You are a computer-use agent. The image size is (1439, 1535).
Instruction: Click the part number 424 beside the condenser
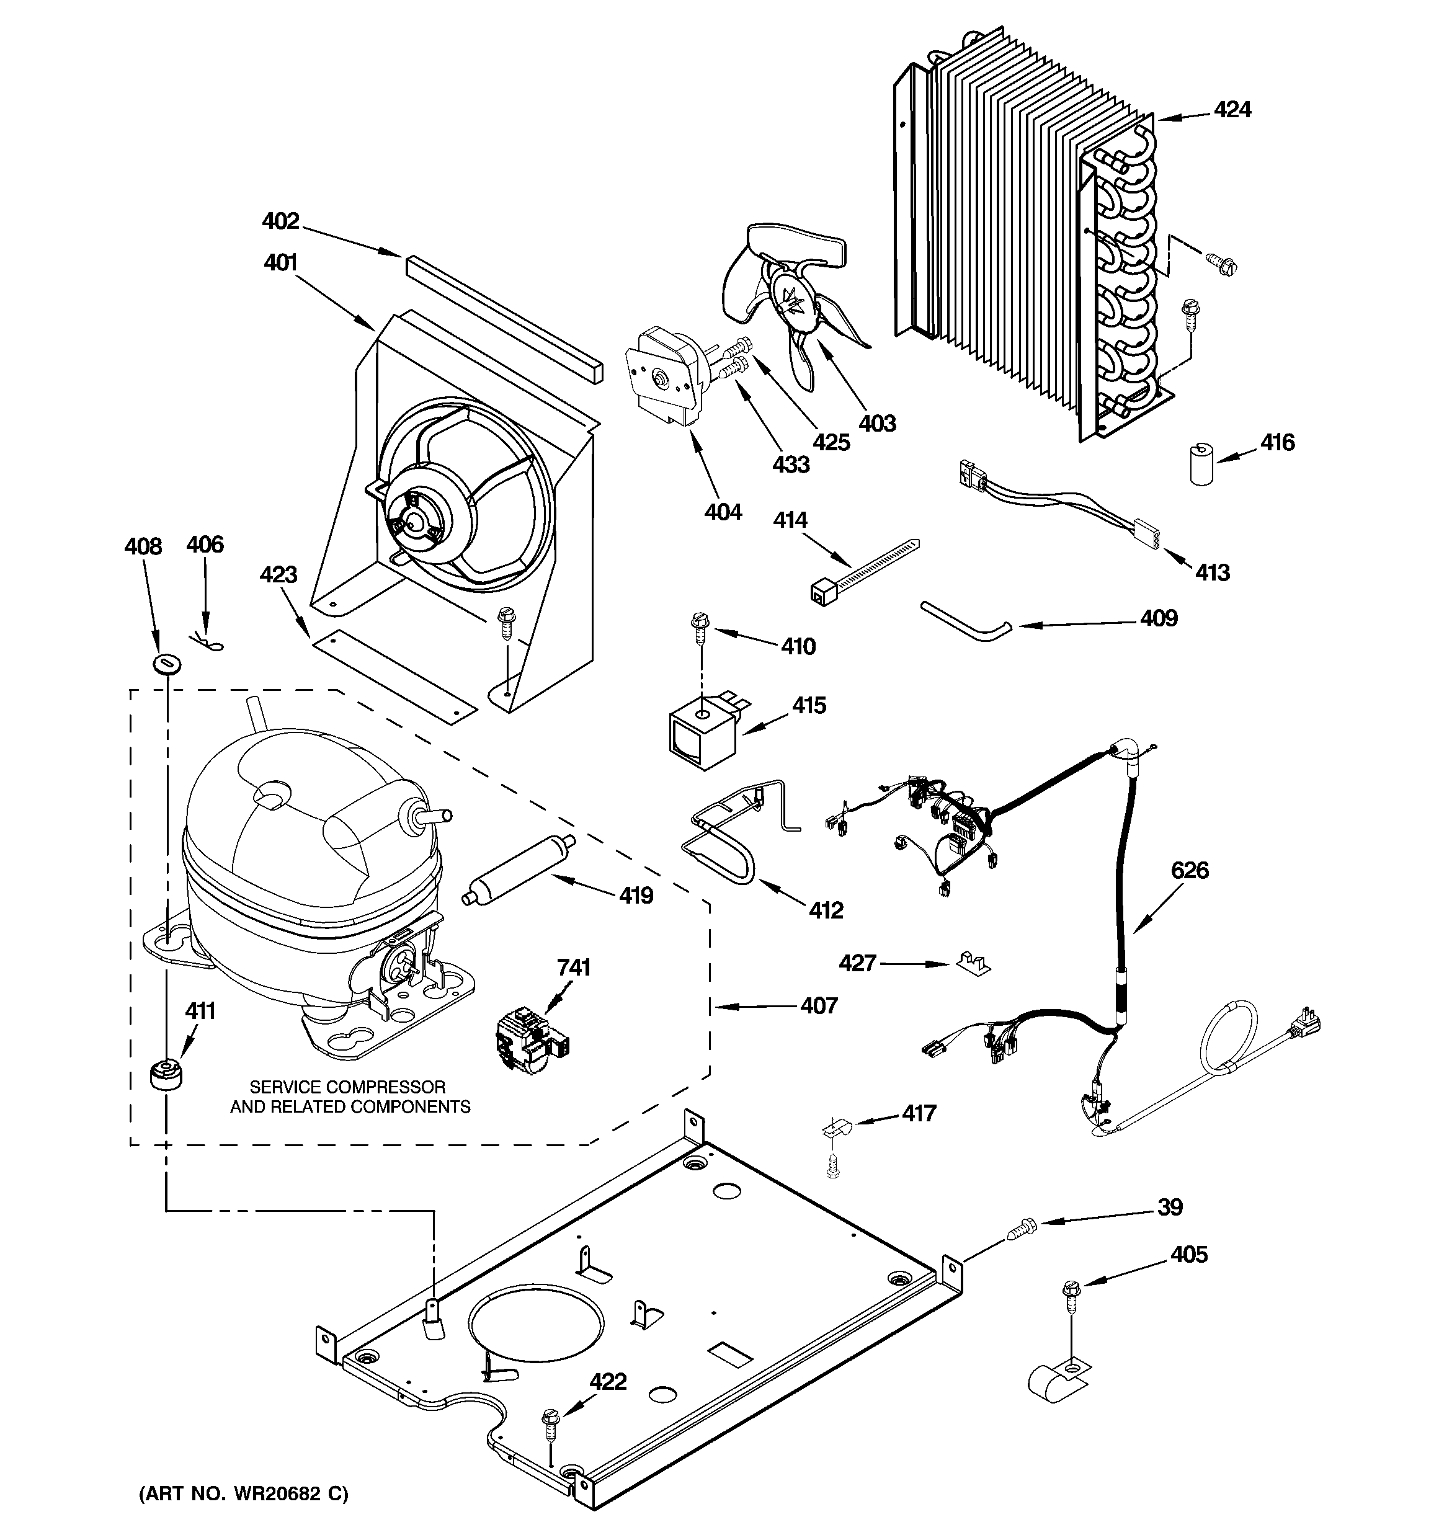coord(1232,110)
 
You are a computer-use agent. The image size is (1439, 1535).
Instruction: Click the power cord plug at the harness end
coord(1304,1023)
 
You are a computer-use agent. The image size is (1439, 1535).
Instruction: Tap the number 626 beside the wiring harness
coord(1190,870)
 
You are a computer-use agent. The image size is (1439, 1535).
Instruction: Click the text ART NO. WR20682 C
coord(243,1494)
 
